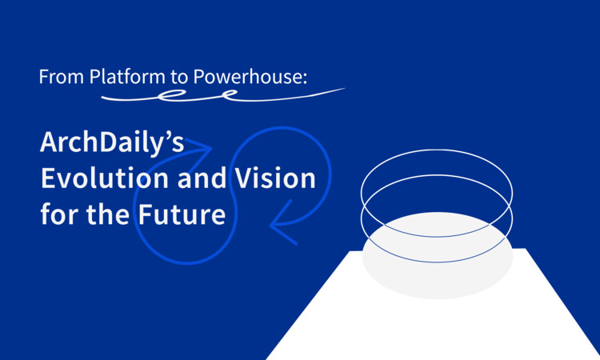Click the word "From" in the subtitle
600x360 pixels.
(62, 77)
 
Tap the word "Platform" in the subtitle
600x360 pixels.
(127, 77)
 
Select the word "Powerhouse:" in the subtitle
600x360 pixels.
(250, 77)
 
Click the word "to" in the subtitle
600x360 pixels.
(179, 78)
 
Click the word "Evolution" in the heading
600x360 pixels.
(105, 178)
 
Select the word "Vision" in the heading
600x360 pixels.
(275, 178)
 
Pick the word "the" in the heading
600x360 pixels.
(108, 214)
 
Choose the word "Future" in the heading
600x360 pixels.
(182, 214)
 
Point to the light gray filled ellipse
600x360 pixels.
(438, 255)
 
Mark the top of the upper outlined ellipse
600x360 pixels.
(437, 150)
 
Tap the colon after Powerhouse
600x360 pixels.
(305, 79)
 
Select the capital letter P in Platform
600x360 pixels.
(94, 77)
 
